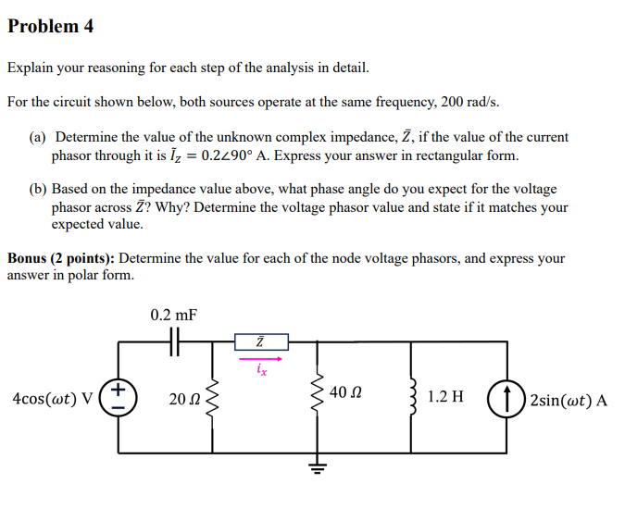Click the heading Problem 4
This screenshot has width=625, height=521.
click(50, 26)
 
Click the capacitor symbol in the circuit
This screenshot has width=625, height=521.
click(174, 342)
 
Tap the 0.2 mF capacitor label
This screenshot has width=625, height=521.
click(173, 316)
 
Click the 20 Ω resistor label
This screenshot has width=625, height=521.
click(185, 399)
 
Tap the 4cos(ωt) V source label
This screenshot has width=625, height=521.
click(52, 399)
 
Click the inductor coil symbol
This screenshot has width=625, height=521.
click(412, 398)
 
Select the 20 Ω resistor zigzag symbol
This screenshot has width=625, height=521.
click(213, 398)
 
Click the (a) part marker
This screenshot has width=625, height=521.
click(37, 137)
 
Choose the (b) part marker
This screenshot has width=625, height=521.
click(37, 189)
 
